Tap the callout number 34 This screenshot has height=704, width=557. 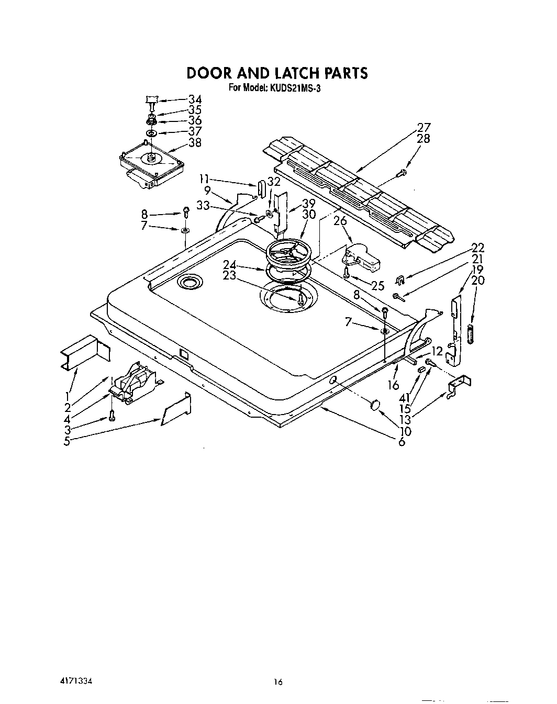click(195, 99)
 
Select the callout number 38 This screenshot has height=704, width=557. click(195, 142)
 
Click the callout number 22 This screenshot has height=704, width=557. click(477, 248)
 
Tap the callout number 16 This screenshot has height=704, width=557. click(394, 386)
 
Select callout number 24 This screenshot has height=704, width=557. click(229, 265)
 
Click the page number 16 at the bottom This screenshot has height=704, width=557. click(278, 681)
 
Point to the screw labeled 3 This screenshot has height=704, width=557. click(112, 416)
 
